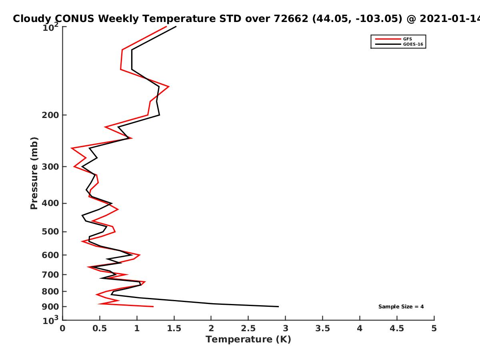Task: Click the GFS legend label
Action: click(407, 39)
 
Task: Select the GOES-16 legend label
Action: click(413, 44)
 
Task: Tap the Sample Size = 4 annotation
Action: click(401, 307)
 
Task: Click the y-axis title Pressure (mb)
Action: click(34, 173)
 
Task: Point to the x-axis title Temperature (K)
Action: click(248, 339)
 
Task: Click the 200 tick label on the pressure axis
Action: click(50, 115)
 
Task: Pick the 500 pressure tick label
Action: click(50, 232)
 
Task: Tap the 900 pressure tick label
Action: click(50, 307)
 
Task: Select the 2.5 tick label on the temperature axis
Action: click(248, 328)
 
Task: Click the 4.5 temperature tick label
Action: click(397, 328)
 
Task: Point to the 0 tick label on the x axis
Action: click(62, 328)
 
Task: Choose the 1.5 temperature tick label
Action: click(174, 328)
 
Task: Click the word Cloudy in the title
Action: click(32, 19)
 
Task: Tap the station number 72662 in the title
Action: click(291, 18)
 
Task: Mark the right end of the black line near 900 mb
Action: click(278, 307)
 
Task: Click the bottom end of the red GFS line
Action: click(153, 307)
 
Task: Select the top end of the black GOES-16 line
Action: click(176, 27)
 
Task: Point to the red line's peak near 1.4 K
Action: click(169, 87)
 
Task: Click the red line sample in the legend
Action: click(388, 39)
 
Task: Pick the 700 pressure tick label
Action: click(50, 274)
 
